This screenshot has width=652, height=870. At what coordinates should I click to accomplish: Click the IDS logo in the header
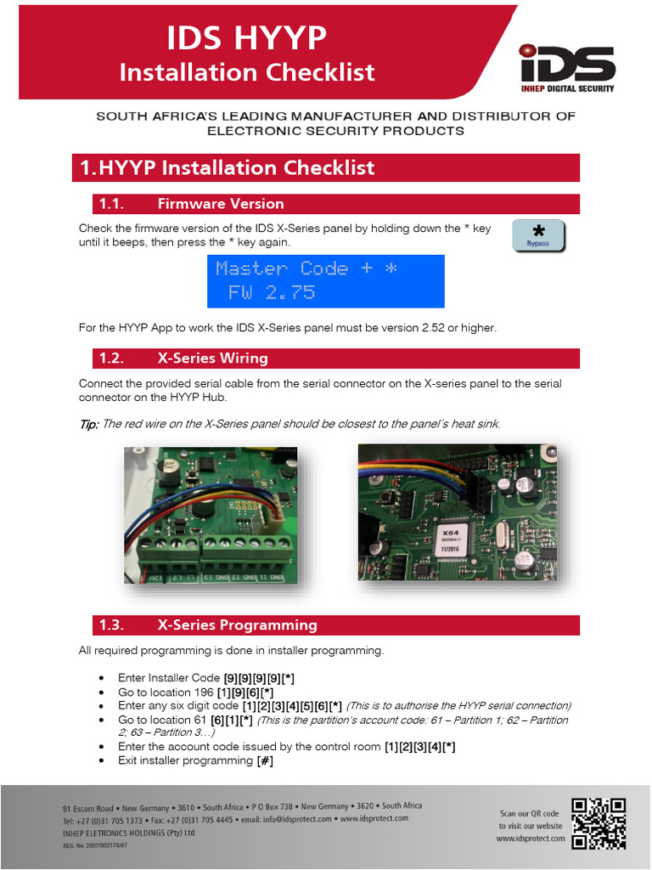(567, 66)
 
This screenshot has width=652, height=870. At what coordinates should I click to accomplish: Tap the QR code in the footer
(599, 822)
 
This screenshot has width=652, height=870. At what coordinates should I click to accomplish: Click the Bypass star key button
(538, 235)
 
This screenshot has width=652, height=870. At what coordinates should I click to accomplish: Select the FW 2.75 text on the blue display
(272, 293)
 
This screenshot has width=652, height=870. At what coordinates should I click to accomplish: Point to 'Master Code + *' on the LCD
(306, 268)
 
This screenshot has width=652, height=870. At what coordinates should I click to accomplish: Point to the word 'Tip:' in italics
(88, 424)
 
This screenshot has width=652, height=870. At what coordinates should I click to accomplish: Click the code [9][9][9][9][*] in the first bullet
(259, 678)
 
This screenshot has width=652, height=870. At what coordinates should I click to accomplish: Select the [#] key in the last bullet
(265, 760)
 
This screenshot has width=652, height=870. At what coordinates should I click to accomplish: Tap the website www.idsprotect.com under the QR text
(530, 839)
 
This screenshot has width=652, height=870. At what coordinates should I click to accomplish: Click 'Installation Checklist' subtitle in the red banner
(246, 72)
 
